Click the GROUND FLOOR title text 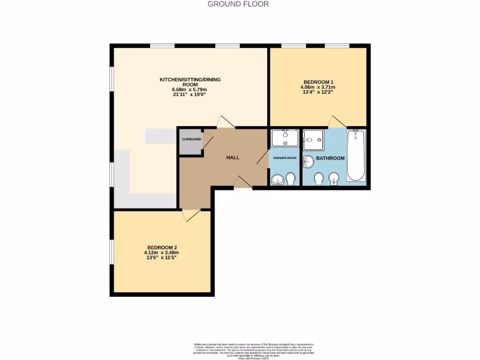[238, 4]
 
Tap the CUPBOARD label [192, 140]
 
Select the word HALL [233, 157]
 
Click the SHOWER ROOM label [285, 158]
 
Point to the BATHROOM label [330, 158]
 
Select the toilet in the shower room [291, 179]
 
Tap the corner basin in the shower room [277, 180]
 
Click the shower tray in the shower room [285, 138]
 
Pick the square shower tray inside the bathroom [313, 138]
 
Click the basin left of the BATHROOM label [309, 161]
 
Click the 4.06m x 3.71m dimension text [318, 87]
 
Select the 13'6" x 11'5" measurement [163, 257]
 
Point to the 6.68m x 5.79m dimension [190, 90]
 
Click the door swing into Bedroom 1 [336, 121]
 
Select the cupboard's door [208, 141]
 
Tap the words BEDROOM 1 [318, 82]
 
